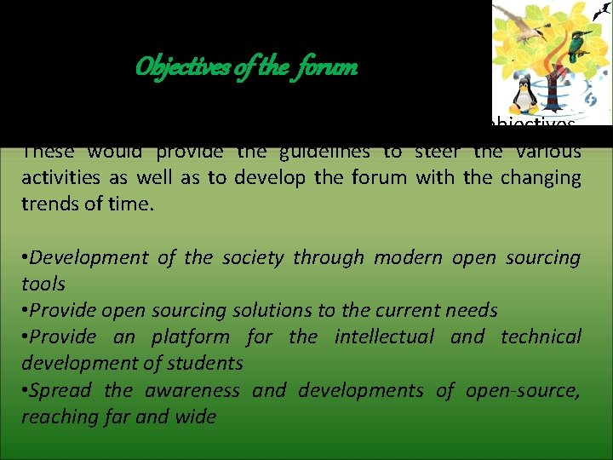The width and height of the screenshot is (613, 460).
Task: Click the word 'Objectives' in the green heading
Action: (x=184, y=66)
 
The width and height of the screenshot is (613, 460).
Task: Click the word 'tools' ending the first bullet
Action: (x=43, y=284)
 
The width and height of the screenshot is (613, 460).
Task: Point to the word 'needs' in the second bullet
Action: (x=470, y=310)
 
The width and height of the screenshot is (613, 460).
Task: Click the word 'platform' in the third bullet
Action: (x=190, y=336)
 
